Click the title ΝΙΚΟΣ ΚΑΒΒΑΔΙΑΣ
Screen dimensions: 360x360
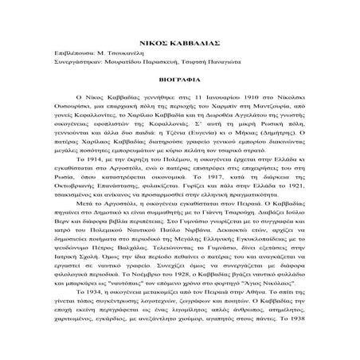pyautogui.click(x=180, y=36)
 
